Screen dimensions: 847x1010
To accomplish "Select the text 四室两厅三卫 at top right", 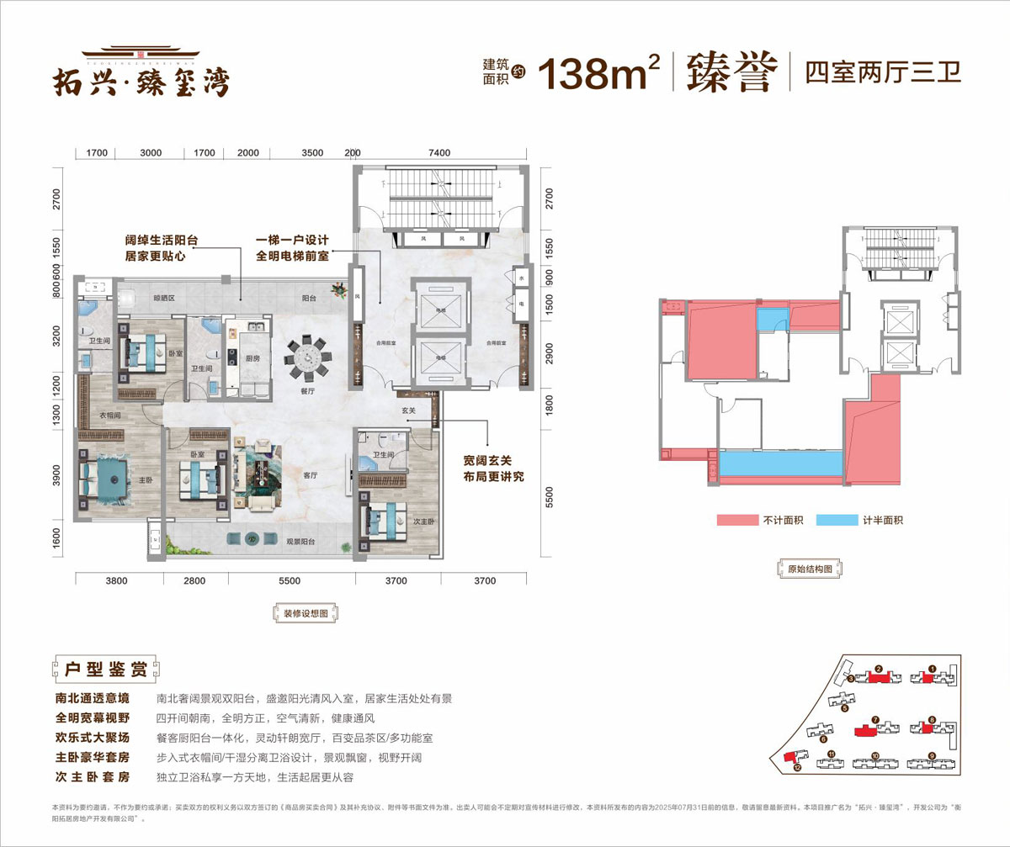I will pyautogui.click(x=882, y=72).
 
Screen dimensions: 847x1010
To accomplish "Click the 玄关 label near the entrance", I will pyautogui.click(x=409, y=410).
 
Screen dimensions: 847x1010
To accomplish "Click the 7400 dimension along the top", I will pyautogui.click(x=439, y=153).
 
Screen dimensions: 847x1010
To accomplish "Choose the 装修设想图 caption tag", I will pyautogui.click(x=306, y=613).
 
